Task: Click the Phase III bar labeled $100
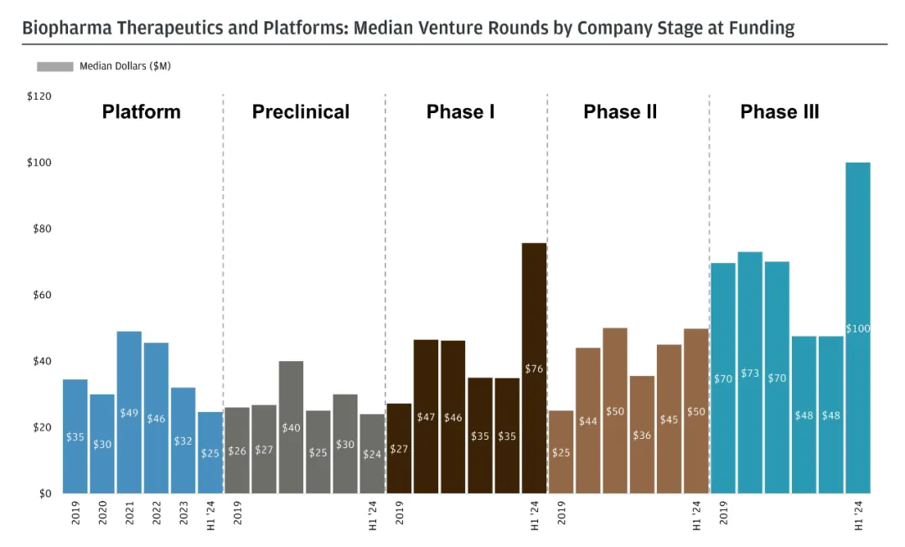tap(858, 328)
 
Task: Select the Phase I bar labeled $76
tap(534, 368)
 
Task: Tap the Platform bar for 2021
tap(129, 412)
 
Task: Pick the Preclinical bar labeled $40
tap(291, 427)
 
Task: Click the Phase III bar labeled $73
tap(750, 372)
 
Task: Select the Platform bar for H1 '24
tap(209, 452)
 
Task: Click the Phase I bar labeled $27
tap(399, 448)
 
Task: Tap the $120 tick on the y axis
tap(39, 97)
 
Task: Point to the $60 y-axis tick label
tap(39, 296)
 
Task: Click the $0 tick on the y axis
tap(44, 494)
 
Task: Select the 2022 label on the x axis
tap(157, 513)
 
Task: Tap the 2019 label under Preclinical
tap(237, 513)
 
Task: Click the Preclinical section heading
tap(301, 112)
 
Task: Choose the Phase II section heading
tap(620, 112)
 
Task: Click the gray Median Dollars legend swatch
tap(55, 66)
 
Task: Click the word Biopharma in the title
tap(65, 28)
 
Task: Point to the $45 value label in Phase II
tap(669, 420)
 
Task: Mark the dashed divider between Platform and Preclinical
tap(224, 293)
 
